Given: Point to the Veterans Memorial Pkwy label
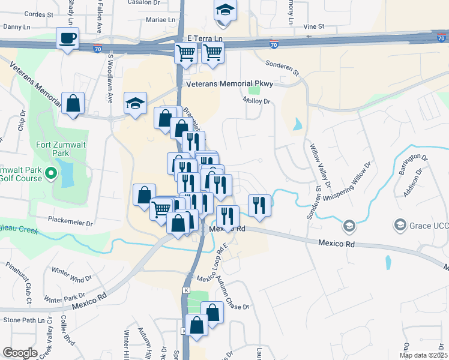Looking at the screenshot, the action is pos(230,85).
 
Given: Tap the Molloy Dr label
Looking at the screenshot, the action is pos(258,101).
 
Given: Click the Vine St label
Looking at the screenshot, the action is pos(313,26).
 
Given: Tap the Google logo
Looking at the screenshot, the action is pos(20,353).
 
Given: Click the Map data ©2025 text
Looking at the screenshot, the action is pos(423,355).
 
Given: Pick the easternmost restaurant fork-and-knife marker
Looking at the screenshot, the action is pos(259,205).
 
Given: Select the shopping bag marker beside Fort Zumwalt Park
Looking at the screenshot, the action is pos(73,103).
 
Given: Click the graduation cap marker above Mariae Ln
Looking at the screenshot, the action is pos(225,10).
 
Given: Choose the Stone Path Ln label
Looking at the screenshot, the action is pos(25,320).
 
